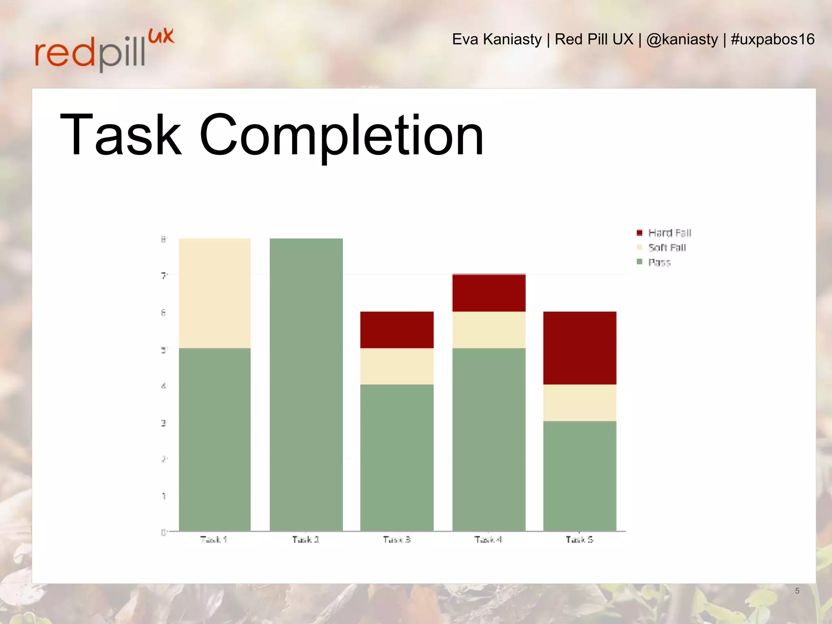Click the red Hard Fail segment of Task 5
point(580,348)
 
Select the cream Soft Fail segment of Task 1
point(214,293)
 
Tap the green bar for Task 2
point(306,384)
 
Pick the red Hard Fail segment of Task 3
point(397,329)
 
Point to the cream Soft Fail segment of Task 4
point(489,329)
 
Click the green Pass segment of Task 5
point(580,476)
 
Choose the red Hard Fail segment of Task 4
point(489,293)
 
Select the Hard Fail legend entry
point(664,233)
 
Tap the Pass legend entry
point(654,262)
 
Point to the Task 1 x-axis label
point(214,539)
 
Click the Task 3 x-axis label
point(397,539)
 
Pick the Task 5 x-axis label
point(580,539)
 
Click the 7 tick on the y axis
point(164,276)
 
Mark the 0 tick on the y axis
point(164,532)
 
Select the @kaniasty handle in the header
point(682,39)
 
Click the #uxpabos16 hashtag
point(772,39)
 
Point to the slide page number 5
point(797,591)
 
